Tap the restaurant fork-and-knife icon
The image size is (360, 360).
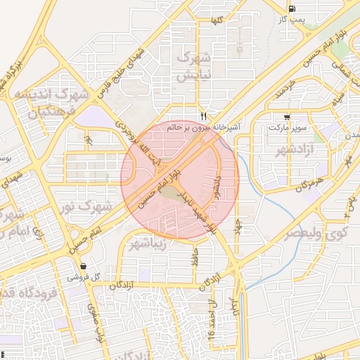204,116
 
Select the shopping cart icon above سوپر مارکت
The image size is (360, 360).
286,117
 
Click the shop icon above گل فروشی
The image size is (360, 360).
84,266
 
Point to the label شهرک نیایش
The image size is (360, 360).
185,67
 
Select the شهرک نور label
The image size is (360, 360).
86,207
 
